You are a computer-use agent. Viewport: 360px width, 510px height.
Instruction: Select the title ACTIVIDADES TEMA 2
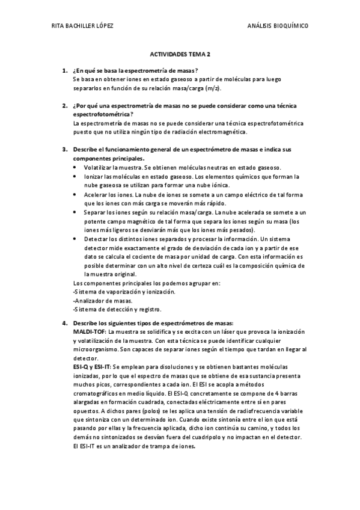point(180,54)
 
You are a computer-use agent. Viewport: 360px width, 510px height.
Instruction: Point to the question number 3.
point(64,149)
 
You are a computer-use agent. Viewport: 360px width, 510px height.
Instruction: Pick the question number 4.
point(64,324)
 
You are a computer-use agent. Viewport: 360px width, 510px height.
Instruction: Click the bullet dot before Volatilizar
point(75,167)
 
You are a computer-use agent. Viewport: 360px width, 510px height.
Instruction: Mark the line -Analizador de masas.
point(102,301)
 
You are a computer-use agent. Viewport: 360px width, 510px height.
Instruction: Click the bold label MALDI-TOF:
point(90,332)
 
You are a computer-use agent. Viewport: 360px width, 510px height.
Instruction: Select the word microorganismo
point(94,349)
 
